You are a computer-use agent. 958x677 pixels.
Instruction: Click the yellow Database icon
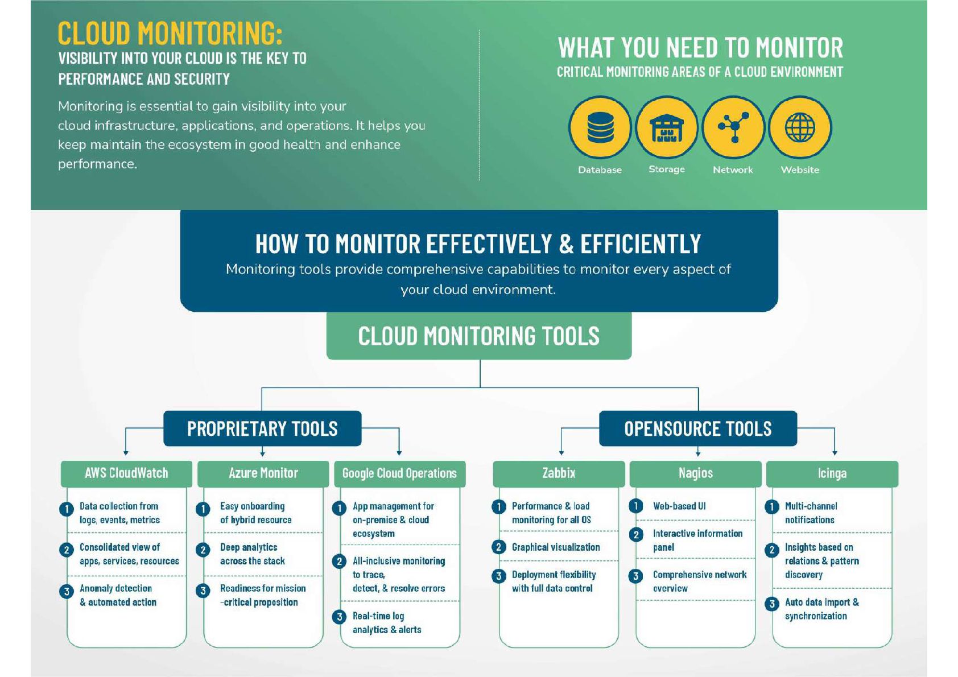pyautogui.click(x=600, y=127)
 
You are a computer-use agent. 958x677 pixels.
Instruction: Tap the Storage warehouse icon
pyautogui.click(x=666, y=127)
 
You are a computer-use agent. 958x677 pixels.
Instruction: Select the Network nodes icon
pyautogui.click(x=733, y=127)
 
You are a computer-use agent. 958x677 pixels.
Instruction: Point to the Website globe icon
pyautogui.click(x=800, y=127)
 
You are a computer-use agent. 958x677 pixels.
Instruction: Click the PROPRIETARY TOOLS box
pyautogui.click(x=262, y=428)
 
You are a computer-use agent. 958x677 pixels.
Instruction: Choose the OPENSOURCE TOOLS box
pyautogui.click(x=697, y=428)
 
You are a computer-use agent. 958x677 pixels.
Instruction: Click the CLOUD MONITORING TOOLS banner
pyautogui.click(x=478, y=336)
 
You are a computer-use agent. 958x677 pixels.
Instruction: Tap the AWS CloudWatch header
pyautogui.click(x=126, y=473)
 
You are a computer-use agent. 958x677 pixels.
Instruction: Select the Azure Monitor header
pyautogui.click(x=263, y=473)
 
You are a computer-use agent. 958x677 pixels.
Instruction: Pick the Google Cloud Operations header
pyautogui.click(x=399, y=473)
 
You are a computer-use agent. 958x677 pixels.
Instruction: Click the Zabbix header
pyautogui.click(x=559, y=473)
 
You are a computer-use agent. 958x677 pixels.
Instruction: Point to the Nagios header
pyautogui.click(x=695, y=473)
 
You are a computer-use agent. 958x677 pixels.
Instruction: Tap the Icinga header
pyautogui.click(x=832, y=473)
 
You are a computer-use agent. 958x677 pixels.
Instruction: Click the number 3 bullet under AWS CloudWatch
pyautogui.click(x=67, y=591)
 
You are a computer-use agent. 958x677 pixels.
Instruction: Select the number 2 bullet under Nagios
pyautogui.click(x=636, y=535)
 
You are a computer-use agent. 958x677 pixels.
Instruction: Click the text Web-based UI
pyautogui.click(x=679, y=506)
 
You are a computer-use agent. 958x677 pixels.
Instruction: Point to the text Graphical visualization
pyautogui.click(x=556, y=547)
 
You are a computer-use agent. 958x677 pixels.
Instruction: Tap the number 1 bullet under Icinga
pyautogui.click(x=772, y=506)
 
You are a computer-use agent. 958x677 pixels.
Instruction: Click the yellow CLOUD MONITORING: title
pyautogui.click(x=170, y=33)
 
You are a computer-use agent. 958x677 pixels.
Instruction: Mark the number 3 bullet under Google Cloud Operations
pyautogui.click(x=340, y=617)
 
